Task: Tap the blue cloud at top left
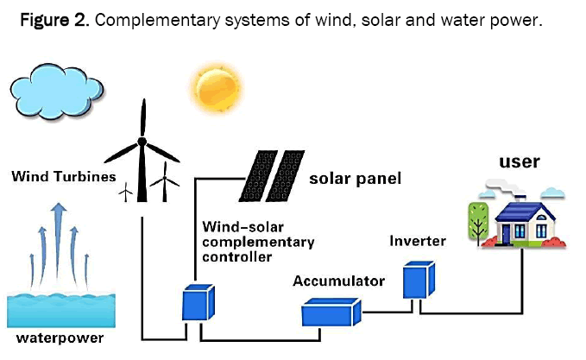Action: tap(58, 86)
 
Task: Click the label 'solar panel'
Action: tap(355, 180)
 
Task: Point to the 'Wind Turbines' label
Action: tap(63, 177)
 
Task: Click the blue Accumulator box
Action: tap(330, 311)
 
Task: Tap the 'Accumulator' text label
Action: tap(338, 281)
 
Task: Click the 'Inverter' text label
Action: tap(417, 241)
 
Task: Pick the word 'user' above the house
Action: tap(520, 161)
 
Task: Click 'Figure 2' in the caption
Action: tap(49, 20)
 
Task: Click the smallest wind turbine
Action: tap(125, 190)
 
